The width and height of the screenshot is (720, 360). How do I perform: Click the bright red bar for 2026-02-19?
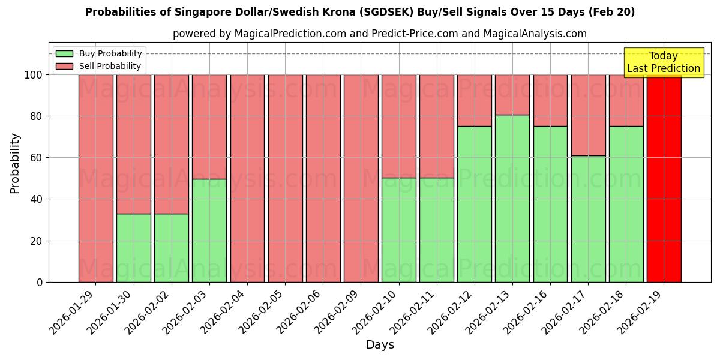tap(664, 178)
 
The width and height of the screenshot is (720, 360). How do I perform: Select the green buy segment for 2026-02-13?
tap(512, 198)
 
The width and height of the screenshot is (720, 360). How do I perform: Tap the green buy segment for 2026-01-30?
tap(133, 248)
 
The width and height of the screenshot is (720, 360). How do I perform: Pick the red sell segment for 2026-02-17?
tap(588, 115)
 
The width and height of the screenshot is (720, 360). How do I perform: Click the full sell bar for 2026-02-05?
tap(285, 178)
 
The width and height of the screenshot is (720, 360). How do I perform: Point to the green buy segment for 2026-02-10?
tap(398, 230)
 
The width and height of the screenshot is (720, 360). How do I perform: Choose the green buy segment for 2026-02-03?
tap(209, 230)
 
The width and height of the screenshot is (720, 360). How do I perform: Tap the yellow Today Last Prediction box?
tap(663, 62)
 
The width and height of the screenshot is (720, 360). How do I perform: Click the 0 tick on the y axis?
tap(40, 282)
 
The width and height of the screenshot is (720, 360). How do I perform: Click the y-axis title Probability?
tap(15, 163)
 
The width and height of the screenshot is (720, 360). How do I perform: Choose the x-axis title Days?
tap(380, 345)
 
